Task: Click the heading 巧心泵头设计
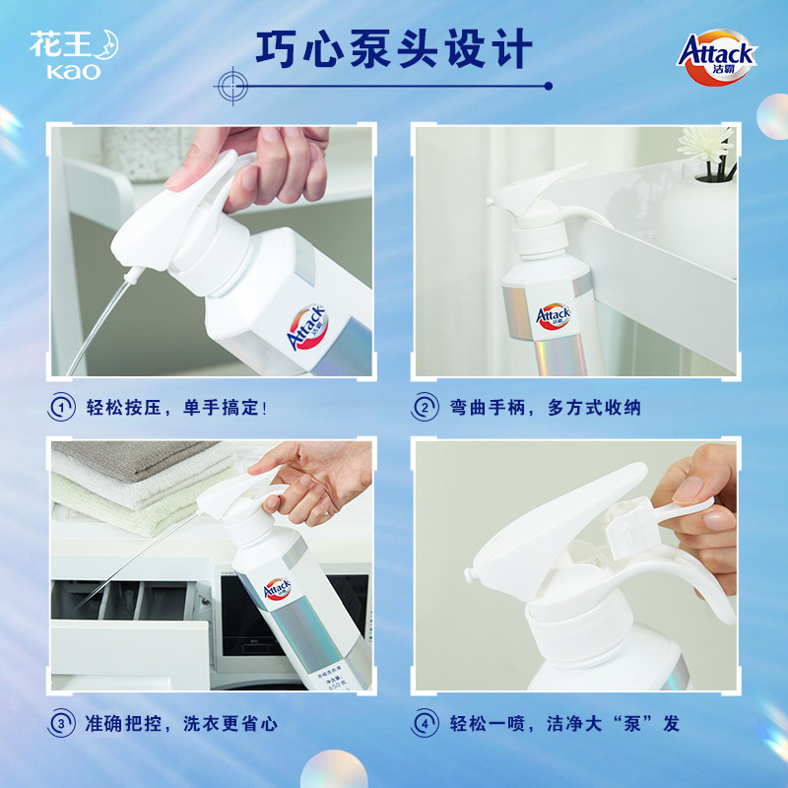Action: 394,47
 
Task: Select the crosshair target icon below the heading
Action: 232,83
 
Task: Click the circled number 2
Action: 426,407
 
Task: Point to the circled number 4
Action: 426,723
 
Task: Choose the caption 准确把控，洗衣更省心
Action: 180,723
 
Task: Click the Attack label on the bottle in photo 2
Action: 552,316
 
